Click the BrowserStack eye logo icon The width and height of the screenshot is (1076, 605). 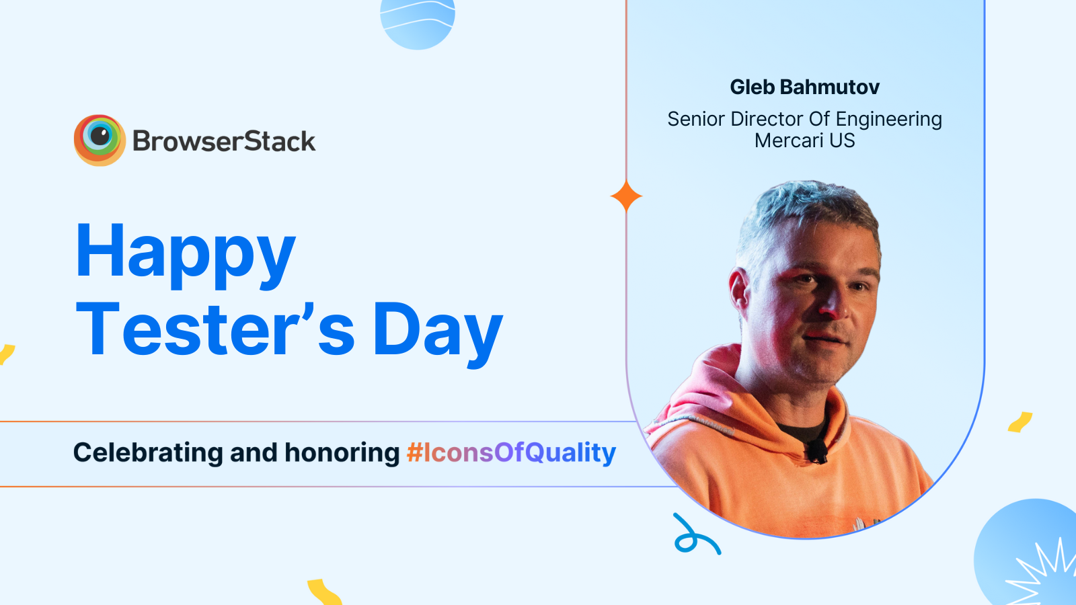click(100, 140)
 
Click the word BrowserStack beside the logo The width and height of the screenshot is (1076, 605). click(224, 141)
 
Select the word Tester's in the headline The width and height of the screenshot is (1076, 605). click(215, 329)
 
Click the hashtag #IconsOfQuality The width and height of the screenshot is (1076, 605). click(511, 452)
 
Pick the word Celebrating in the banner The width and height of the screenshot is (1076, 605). click(147, 452)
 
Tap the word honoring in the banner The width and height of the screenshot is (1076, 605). click(342, 453)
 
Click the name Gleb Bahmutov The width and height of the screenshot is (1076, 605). click(804, 87)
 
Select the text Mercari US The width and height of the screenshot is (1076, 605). click(804, 140)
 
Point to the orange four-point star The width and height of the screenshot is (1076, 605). click(626, 196)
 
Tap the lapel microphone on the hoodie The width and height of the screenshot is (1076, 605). click(816, 450)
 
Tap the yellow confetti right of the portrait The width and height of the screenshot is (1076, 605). click(1020, 422)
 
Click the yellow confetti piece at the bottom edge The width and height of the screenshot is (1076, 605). click(324, 592)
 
